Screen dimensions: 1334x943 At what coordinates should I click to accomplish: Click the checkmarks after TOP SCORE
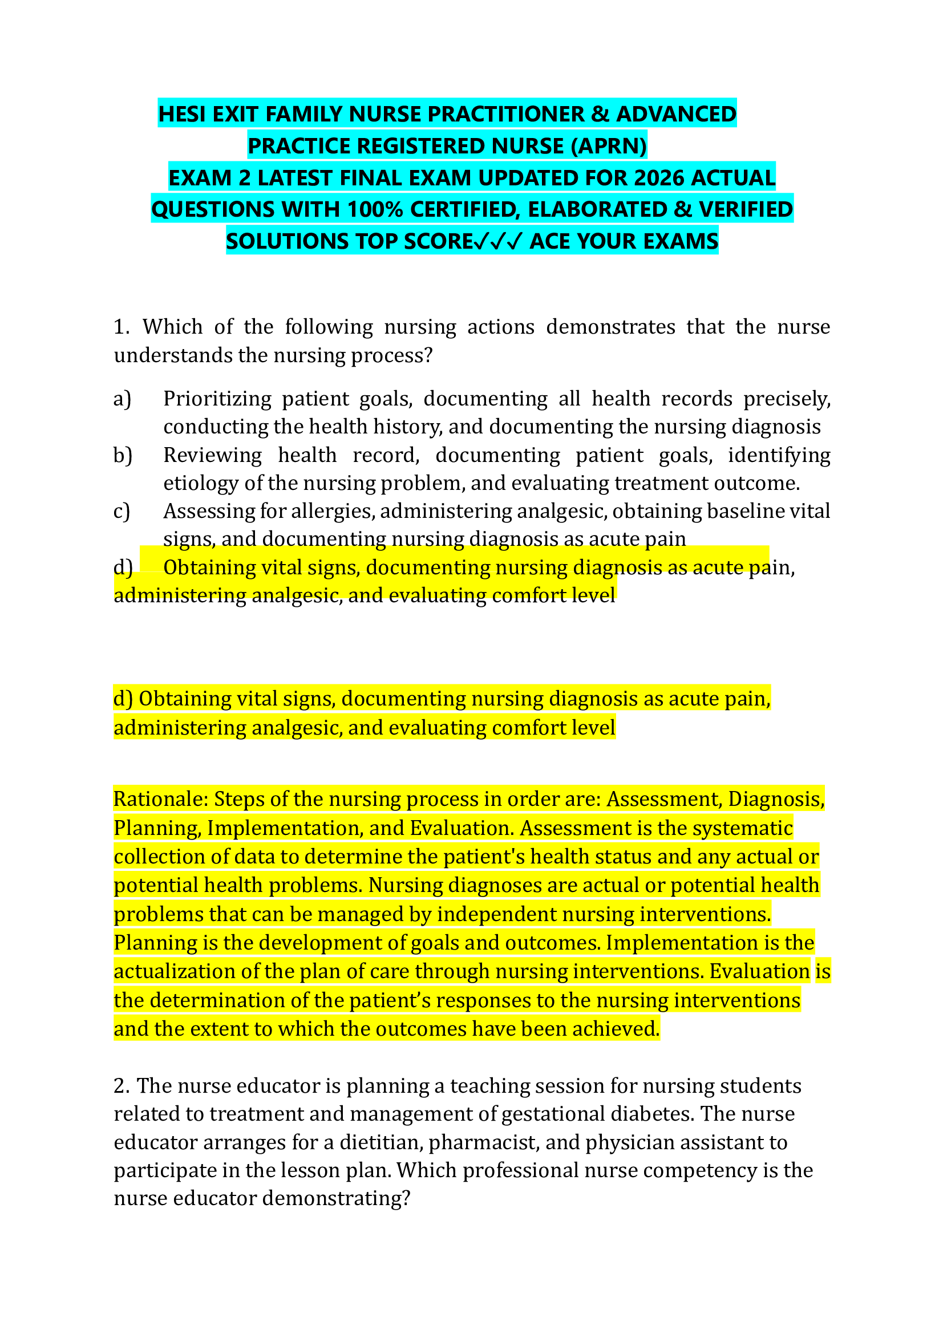coord(499,241)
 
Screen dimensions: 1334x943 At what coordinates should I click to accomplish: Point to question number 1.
coord(122,327)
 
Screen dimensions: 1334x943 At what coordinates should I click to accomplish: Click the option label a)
coord(123,399)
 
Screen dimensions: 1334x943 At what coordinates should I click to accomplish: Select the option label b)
coord(123,456)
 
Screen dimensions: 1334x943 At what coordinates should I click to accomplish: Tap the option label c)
coord(122,512)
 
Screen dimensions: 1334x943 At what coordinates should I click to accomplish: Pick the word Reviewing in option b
coord(212,456)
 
